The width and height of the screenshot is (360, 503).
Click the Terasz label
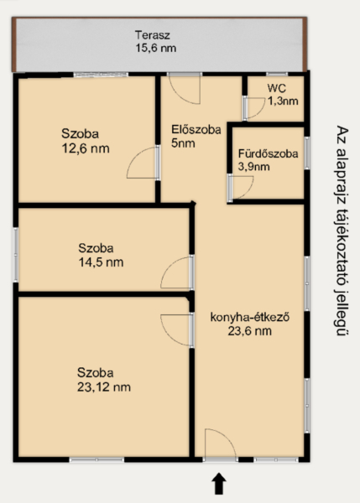[152, 34]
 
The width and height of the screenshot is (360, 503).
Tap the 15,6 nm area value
[156, 48]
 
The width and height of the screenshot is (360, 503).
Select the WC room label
[276, 88]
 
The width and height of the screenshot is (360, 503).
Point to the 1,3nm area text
[283, 101]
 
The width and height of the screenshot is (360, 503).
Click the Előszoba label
[196, 130]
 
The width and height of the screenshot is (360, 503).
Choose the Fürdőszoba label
[268, 153]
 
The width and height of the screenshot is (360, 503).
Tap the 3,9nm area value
[253, 167]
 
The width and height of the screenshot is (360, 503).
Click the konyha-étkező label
[250, 317]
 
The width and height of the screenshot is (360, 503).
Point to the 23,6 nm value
[250, 331]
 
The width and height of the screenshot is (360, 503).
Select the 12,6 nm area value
[86, 148]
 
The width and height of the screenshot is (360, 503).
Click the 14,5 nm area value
[101, 262]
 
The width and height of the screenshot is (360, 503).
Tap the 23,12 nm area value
[104, 386]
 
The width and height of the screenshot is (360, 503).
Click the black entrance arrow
[219, 484]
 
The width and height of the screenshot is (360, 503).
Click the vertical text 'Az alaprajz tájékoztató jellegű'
[342, 231]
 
